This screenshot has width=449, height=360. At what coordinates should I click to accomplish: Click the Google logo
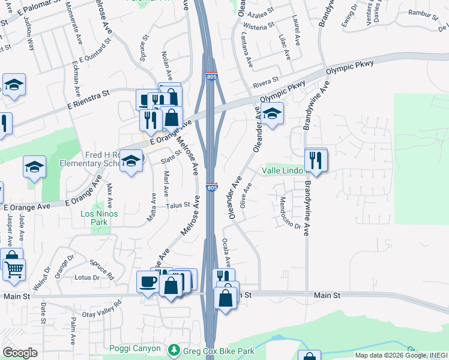pos(20,353)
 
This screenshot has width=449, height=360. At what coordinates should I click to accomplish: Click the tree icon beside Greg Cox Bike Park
pos(173,349)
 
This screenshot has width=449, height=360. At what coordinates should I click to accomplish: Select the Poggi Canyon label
pos(135,349)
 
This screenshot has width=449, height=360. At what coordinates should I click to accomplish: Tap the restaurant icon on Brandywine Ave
pos(316,160)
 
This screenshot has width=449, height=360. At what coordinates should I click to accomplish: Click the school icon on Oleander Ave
pos(272,113)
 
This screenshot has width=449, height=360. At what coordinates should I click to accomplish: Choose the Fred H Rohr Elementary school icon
pos(131,160)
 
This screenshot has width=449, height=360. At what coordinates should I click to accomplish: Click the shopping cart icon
pos(14,268)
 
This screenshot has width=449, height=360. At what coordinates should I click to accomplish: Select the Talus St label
pos(178,205)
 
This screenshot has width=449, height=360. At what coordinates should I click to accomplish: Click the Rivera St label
pos(266,80)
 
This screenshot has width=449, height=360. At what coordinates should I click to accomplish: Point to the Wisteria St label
pos(259,26)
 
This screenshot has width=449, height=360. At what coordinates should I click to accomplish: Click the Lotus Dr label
pos(87,278)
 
